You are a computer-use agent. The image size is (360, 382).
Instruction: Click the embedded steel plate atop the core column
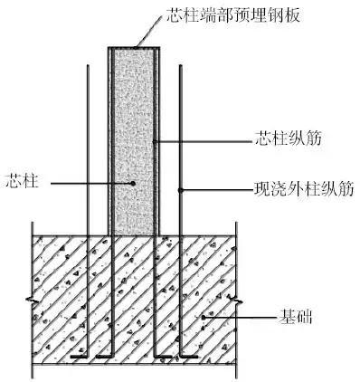(x=132, y=45)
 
